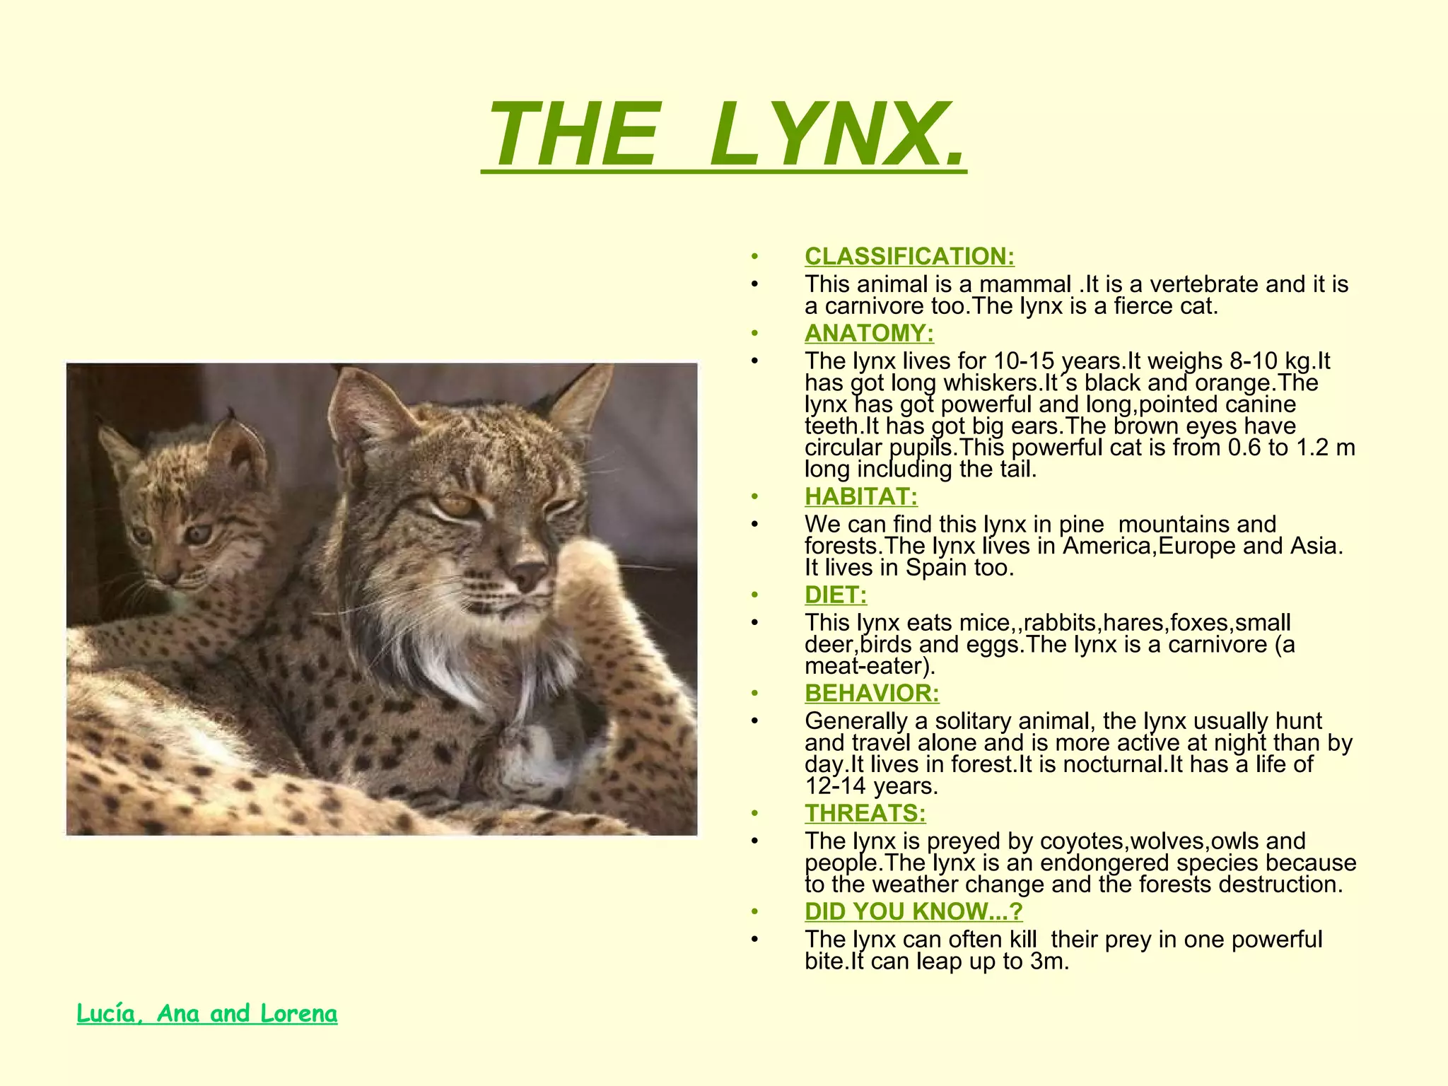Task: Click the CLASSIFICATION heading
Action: [909, 256]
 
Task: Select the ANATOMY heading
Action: [869, 333]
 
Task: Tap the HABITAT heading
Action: [861, 496]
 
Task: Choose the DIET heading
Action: [836, 595]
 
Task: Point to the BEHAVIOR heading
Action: [872, 693]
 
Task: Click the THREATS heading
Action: [865, 813]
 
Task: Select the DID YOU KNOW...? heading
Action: [913, 911]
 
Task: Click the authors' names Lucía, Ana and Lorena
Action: [207, 1014]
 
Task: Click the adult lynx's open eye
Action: [455, 504]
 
